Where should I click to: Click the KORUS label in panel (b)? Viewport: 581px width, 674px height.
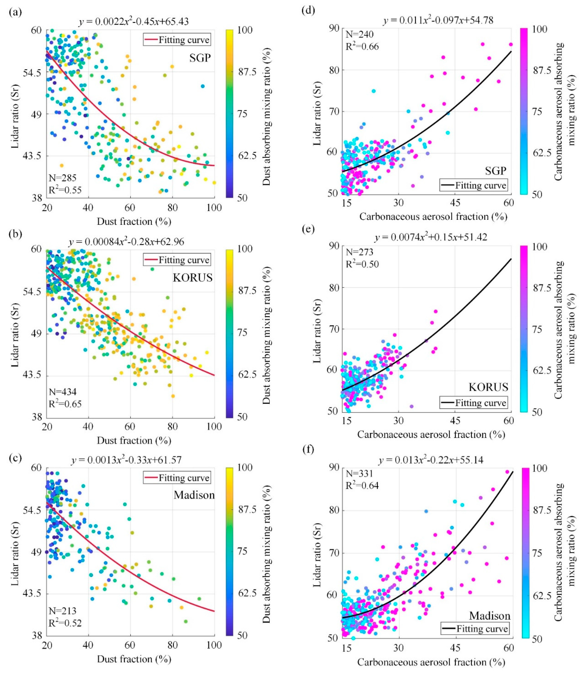coord(193,277)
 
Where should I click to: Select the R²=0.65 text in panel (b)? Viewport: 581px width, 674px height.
coord(65,404)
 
